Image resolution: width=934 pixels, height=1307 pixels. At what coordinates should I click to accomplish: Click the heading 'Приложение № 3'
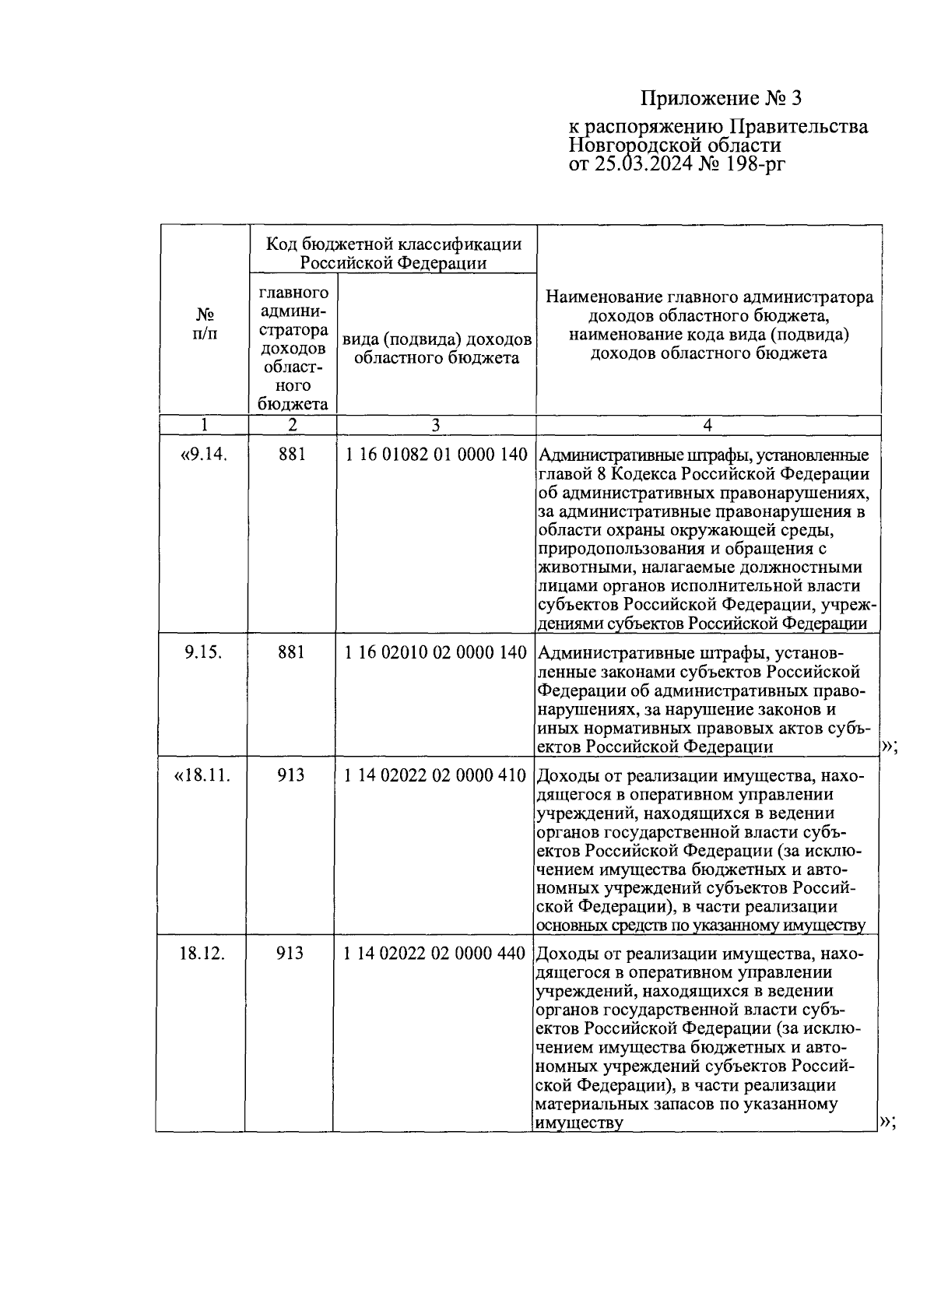tap(720, 99)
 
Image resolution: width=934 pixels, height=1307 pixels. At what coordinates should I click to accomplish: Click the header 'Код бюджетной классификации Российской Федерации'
tap(393, 253)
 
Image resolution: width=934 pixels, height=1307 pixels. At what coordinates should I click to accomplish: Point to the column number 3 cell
tap(435, 425)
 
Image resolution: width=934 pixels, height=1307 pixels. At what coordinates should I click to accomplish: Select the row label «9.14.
tap(204, 455)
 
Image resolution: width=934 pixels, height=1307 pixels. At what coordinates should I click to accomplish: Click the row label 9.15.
tap(204, 652)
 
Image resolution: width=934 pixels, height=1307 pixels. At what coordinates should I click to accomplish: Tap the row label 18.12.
tap(202, 954)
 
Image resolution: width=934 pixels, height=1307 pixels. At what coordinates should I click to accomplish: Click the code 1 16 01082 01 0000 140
tap(436, 455)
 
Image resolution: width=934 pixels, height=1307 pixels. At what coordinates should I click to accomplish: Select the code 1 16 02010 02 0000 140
tap(436, 652)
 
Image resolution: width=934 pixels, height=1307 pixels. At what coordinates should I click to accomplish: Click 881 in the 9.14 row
tap(292, 455)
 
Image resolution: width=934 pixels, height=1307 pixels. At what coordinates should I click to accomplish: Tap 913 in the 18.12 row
tap(290, 954)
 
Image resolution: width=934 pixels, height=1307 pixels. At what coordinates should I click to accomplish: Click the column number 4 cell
tap(707, 425)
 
